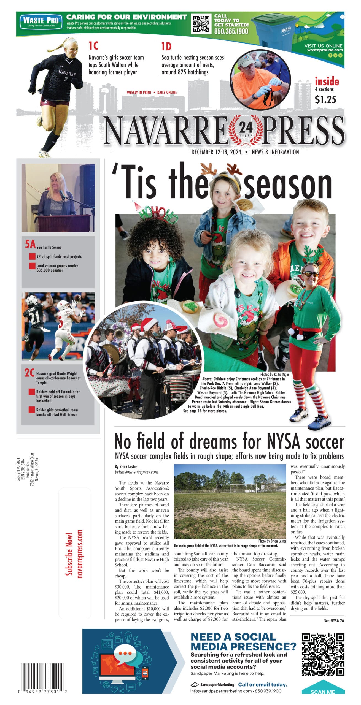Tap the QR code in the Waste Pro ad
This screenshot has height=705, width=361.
201,24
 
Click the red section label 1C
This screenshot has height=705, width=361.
93,46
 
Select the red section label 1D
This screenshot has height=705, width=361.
166,47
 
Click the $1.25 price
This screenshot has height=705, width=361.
325,99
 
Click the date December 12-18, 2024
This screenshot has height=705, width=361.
216,152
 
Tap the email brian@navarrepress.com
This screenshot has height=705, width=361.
136,472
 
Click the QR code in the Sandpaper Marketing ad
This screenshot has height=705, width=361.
323,654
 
